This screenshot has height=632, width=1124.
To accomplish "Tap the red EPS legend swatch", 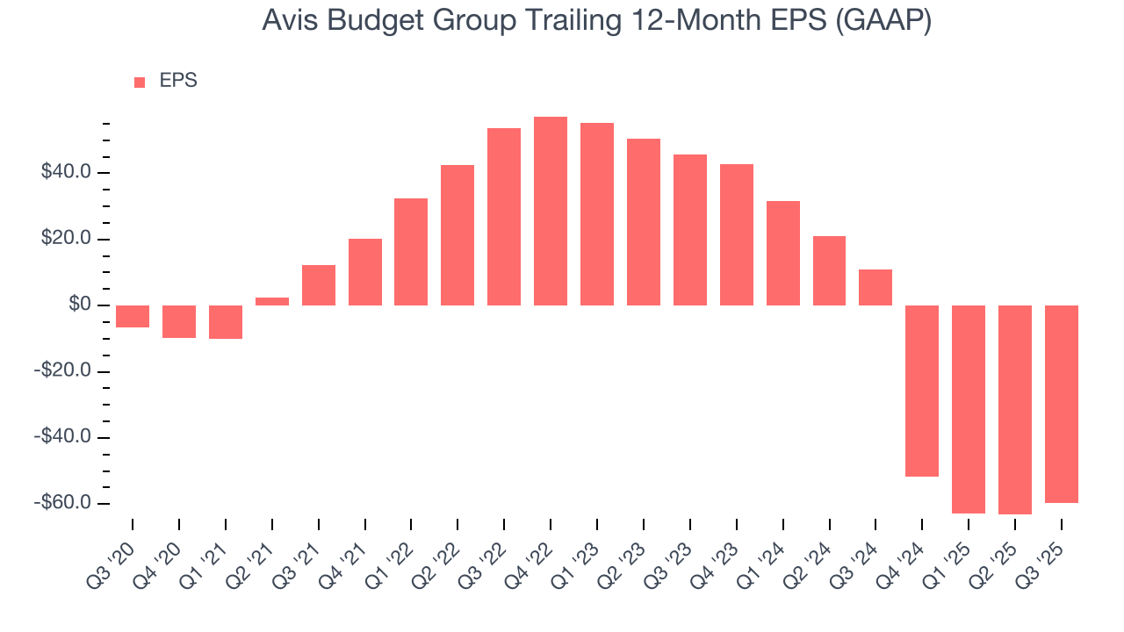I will coord(140,82).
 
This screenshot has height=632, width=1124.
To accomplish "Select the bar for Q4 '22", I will coord(551,211).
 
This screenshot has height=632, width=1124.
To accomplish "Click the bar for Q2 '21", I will coord(272,301).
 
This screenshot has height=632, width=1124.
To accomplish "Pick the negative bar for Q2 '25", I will coord(1015,409).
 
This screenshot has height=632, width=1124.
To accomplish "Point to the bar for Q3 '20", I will coord(133,316).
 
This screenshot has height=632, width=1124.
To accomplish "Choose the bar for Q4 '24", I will coord(922,391).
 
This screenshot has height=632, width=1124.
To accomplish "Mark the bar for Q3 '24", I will coord(875,287).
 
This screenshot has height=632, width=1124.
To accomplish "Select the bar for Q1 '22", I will coord(411,252).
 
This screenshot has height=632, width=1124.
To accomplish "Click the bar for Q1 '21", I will coord(226,321).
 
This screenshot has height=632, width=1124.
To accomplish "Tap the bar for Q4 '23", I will coord(737,234).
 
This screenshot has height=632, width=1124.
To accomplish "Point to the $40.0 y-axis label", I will coord(66,173).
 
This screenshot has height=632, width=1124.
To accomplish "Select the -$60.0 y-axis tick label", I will coord(64,503).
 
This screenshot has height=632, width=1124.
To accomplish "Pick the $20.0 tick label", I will coord(66,240).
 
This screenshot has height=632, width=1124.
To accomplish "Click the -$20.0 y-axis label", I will coord(64,371).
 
